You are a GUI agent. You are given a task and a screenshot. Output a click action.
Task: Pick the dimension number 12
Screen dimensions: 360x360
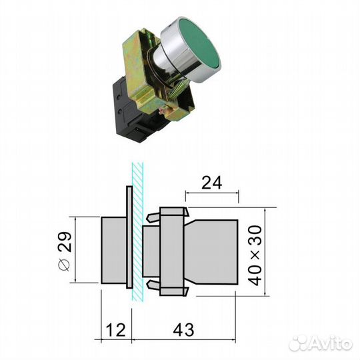click(115, 329)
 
